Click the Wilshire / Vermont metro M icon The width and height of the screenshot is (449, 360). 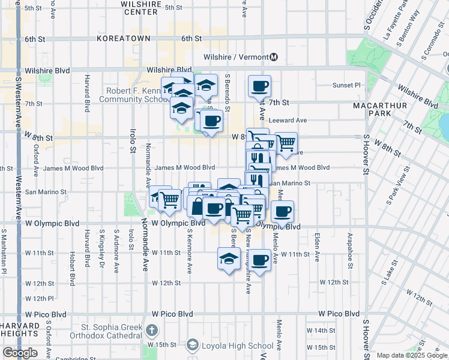[274, 57]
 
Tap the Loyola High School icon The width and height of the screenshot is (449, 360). [192, 345]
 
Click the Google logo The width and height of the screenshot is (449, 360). [20, 353]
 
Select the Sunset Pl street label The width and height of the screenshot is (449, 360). [347, 85]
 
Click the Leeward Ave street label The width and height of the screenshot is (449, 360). [288, 120]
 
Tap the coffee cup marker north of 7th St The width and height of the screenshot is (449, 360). [259, 86]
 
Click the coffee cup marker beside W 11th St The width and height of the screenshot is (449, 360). [260, 260]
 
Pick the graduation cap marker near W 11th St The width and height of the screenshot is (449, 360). [228, 259]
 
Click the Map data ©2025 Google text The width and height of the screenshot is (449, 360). [411, 355]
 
